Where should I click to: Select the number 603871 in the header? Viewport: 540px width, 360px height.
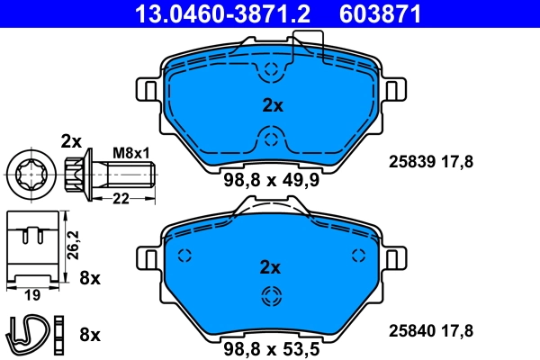click(381, 13)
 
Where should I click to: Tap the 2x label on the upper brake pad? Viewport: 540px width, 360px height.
click(272, 105)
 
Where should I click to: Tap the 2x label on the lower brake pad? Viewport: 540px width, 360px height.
click(271, 267)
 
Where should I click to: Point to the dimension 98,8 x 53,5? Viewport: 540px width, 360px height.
click(271, 347)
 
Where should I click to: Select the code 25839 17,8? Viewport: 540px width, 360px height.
click(429, 162)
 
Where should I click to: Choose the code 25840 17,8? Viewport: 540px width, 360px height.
click(429, 330)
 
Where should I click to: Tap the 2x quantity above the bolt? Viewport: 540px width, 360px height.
click(71, 140)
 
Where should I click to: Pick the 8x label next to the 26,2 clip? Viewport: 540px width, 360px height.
click(89, 277)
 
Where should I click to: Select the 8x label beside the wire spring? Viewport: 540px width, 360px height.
click(89, 334)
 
